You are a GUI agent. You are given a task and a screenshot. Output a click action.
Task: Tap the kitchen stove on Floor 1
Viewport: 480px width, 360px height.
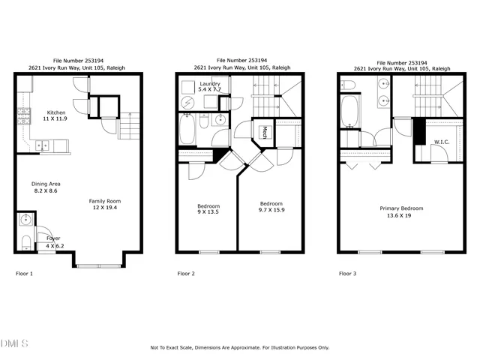point(22,116)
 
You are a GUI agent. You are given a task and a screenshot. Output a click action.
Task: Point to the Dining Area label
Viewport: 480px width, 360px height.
point(45,184)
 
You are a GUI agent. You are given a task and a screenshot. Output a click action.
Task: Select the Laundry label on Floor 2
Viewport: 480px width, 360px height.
point(210,83)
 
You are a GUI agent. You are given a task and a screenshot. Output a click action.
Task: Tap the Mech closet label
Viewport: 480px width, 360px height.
point(265,133)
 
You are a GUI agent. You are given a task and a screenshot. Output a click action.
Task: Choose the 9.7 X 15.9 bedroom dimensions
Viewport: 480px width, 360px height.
point(271,211)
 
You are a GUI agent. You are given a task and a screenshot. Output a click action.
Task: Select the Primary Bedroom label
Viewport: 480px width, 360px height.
point(402,208)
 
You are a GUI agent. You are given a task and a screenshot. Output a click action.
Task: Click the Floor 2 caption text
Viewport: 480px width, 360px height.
point(185,274)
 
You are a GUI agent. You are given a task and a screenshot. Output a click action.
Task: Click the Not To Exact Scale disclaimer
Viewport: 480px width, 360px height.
point(239,347)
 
